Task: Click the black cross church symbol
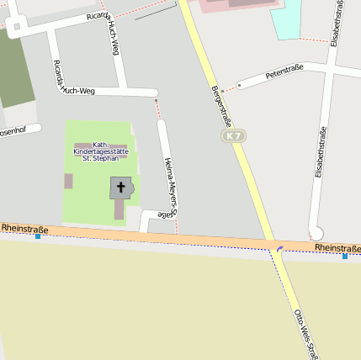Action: pyautogui.click(x=120, y=187)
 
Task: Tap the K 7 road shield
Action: pyautogui.click(x=233, y=135)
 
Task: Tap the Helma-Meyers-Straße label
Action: pyautogui.click(x=169, y=188)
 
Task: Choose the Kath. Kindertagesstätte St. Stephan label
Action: pyautogui.click(x=101, y=150)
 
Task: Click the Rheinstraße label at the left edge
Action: pyautogui.click(x=24, y=228)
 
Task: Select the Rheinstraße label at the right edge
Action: pyautogui.click(x=338, y=248)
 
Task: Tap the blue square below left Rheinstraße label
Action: pyautogui.click(x=38, y=236)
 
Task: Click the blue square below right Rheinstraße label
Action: pyautogui.click(x=344, y=256)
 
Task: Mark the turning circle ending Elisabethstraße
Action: pyautogui.click(x=316, y=233)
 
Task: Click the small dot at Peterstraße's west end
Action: pyautogui.click(x=238, y=85)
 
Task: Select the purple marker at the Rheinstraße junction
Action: pyautogui.click(x=279, y=248)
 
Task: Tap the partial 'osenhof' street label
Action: pyautogui.click(x=13, y=131)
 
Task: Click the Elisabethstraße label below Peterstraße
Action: pyautogui.click(x=320, y=153)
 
